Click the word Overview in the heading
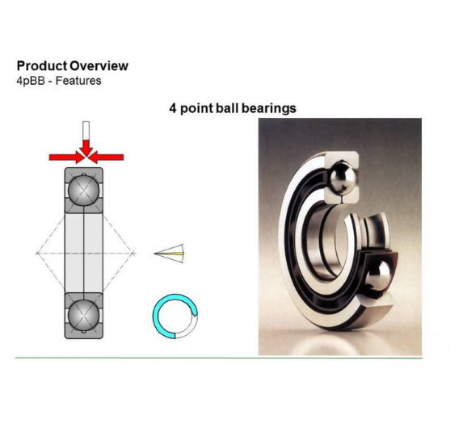pyautogui.click(x=99, y=65)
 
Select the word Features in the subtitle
pyautogui.click(x=78, y=81)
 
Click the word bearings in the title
pyautogui.click(x=269, y=108)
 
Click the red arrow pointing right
pyautogui.click(x=67, y=157)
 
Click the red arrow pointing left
pyautogui.click(x=106, y=157)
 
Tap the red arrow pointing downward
pyautogui.click(x=86, y=147)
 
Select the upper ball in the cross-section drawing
pyautogui.click(x=83, y=191)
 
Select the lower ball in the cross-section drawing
pyautogui.click(x=83, y=315)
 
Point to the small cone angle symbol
pyautogui.click(x=170, y=254)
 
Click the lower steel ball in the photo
pyautogui.click(x=377, y=279)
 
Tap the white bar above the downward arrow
pyautogui.click(x=86, y=130)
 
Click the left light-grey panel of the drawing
pyautogui.click(x=74, y=253)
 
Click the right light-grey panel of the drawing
pyautogui.click(x=94, y=253)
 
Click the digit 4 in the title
pyautogui.click(x=173, y=108)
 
